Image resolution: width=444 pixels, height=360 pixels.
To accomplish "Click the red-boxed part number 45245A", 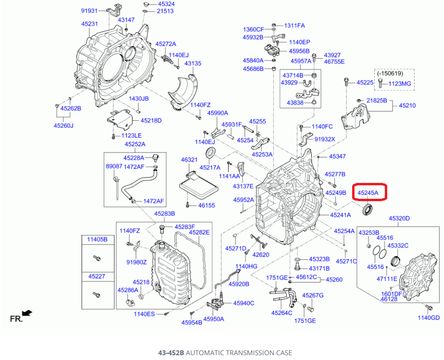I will (368, 193).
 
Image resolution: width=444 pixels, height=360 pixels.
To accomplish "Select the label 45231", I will (89, 24).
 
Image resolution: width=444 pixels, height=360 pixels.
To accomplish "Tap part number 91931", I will (89, 11).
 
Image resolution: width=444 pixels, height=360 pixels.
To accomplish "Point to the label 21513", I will (165, 12).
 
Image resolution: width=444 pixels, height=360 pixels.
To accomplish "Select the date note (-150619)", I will (391, 73).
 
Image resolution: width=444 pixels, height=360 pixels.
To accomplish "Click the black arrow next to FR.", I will (28, 313).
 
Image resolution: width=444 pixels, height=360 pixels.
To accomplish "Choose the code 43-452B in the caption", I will (171, 353).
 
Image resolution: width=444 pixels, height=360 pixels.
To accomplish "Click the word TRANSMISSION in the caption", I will (240, 353).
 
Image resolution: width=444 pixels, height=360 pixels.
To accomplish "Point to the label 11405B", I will (97, 239).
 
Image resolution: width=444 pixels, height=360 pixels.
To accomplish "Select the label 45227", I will (97, 276).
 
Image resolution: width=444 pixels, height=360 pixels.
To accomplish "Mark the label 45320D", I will (399, 219).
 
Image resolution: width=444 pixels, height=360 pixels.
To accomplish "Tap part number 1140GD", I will (429, 317).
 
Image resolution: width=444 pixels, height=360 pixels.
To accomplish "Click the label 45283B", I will (165, 214).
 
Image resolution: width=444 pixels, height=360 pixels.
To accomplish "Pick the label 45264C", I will (282, 313).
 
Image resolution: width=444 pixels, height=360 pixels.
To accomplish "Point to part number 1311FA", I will (294, 26).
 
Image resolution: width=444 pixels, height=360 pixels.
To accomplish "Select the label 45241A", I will (341, 215).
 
